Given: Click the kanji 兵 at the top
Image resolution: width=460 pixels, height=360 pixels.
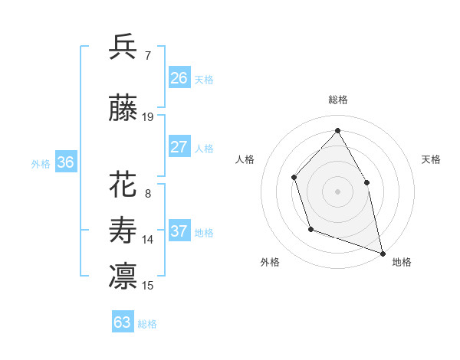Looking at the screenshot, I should coord(123,47).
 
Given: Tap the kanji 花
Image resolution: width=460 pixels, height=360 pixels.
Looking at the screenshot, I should coord(123,185).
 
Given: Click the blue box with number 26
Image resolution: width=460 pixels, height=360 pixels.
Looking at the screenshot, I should coord(179,78).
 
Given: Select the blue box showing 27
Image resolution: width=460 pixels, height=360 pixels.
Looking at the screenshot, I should coord(179,147).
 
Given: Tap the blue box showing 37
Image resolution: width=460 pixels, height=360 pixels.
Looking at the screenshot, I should coord(179,231).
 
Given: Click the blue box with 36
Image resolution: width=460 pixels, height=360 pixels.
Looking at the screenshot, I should coord(65,162).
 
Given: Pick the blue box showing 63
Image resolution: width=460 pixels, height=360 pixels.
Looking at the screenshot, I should coord(123,322).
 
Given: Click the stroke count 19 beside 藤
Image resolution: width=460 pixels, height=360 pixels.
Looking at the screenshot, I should coord(148,117).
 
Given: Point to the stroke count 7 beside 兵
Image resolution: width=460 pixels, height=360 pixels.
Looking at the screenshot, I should coord(147,56).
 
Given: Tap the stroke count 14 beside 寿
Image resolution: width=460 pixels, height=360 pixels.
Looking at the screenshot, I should coord(148,240).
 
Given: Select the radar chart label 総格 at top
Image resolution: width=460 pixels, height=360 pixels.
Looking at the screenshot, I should coord(337,100).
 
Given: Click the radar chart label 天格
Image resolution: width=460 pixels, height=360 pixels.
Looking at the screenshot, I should coord(432,159).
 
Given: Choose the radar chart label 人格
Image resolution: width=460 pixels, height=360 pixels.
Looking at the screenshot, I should coord(245,159).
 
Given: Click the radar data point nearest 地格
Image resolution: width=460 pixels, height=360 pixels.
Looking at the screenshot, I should coord(382,252).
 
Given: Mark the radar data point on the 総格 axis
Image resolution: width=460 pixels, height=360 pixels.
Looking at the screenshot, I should coord(337,130).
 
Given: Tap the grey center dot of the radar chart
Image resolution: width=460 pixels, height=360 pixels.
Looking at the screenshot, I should coord(337,191).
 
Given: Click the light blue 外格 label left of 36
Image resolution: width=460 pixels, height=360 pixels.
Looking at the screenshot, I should coord(40,163).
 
